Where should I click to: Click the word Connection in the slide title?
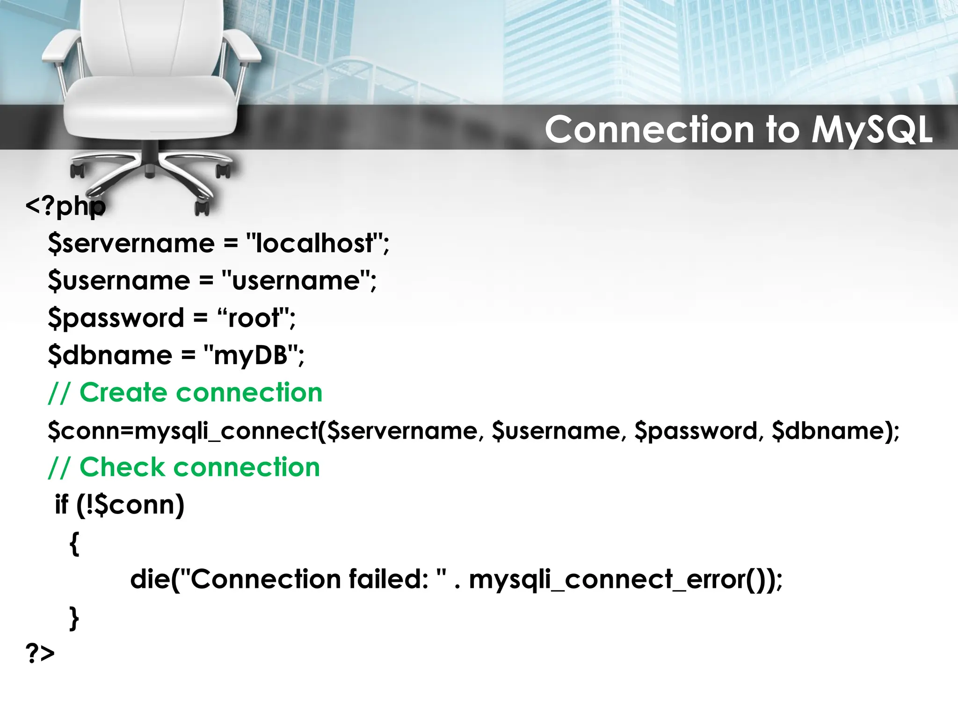click(x=649, y=130)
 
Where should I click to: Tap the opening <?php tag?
click(x=65, y=206)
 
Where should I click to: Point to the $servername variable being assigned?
click(x=131, y=243)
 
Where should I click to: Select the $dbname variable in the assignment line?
click(x=110, y=355)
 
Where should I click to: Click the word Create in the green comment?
click(x=123, y=392)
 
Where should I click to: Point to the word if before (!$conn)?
click(x=62, y=505)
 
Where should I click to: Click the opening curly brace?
click(x=74, y=543)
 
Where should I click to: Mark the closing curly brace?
click(x=74, y=618)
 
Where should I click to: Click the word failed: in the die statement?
click(x=389, y=580)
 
